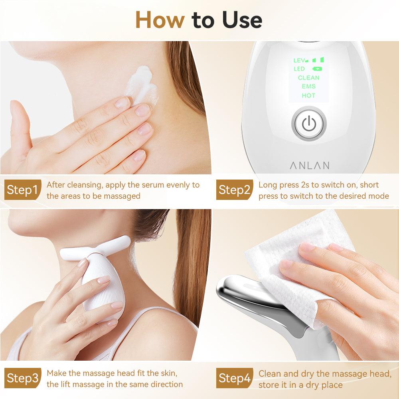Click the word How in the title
(160, 20)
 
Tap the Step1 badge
(22, 190)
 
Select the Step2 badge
(234, 190)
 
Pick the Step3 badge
(22, 378)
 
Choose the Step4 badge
(234, 378)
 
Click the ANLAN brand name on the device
(309, 165)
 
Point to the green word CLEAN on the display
(308, 78)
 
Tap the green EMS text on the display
(308, 87)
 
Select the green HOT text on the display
(308, 96)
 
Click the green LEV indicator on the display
(300, 60)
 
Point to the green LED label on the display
(299, 69)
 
